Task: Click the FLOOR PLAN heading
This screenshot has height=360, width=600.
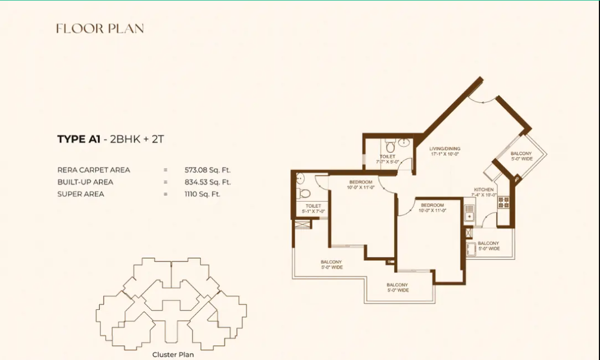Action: [100, 28]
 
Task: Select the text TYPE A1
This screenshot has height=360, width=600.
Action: [79, 139]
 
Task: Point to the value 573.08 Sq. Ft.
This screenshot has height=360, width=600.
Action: [208, 170]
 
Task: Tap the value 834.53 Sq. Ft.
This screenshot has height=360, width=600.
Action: [208, 182]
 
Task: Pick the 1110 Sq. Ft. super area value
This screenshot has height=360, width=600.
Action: [202, 194]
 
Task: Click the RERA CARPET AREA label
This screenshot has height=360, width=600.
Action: [94, 170]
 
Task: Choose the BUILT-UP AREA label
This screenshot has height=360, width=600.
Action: [85, 182]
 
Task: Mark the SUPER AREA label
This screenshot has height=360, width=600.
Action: [80, 194]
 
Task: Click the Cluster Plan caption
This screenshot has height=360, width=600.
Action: [173, 354]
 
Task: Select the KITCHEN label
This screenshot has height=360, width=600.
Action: [484, 190]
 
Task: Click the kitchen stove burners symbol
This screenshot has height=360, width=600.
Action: [503, 202]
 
